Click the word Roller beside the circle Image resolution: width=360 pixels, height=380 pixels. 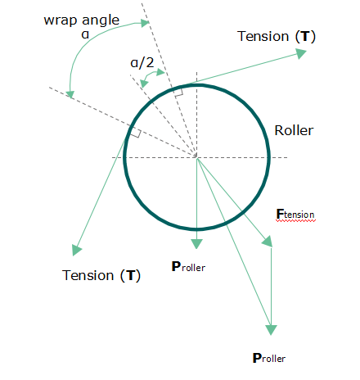[x=294, y=130]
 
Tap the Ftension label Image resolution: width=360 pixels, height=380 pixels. [x=295, y=214]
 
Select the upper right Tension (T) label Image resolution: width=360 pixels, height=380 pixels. [x=277, y=36]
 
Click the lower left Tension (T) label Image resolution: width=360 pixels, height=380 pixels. [x=101, y=275]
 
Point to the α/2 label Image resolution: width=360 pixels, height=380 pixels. [x=142, y=63]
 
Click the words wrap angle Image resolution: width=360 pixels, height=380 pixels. [x=82, y=20]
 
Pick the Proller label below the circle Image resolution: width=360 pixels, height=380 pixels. [x=188, y=267]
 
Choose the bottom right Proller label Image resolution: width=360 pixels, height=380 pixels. [x=269, y=358]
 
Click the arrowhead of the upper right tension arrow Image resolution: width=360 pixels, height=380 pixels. [x=301, y=53]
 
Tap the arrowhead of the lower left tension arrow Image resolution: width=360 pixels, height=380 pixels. [x=76, y=250]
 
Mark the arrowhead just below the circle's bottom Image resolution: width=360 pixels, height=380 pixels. [x=196, y=244]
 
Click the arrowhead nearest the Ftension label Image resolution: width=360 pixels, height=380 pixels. [x=268, y=242]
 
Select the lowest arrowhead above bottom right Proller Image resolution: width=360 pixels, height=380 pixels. [x=271, y=330]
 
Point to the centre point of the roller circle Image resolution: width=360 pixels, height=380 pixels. [x=196, y=157]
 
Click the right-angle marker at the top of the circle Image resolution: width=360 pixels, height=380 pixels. [x=178, y=92]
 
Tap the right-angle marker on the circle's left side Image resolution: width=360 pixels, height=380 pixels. [x=136, y=133]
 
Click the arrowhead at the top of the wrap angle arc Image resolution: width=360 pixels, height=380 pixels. [x=145, y=23]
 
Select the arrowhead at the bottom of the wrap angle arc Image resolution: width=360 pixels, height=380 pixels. [x=70, y=94]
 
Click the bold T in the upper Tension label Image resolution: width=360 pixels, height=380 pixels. [x=305, y=36]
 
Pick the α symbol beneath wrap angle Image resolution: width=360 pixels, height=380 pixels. [x=85, y=34]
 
